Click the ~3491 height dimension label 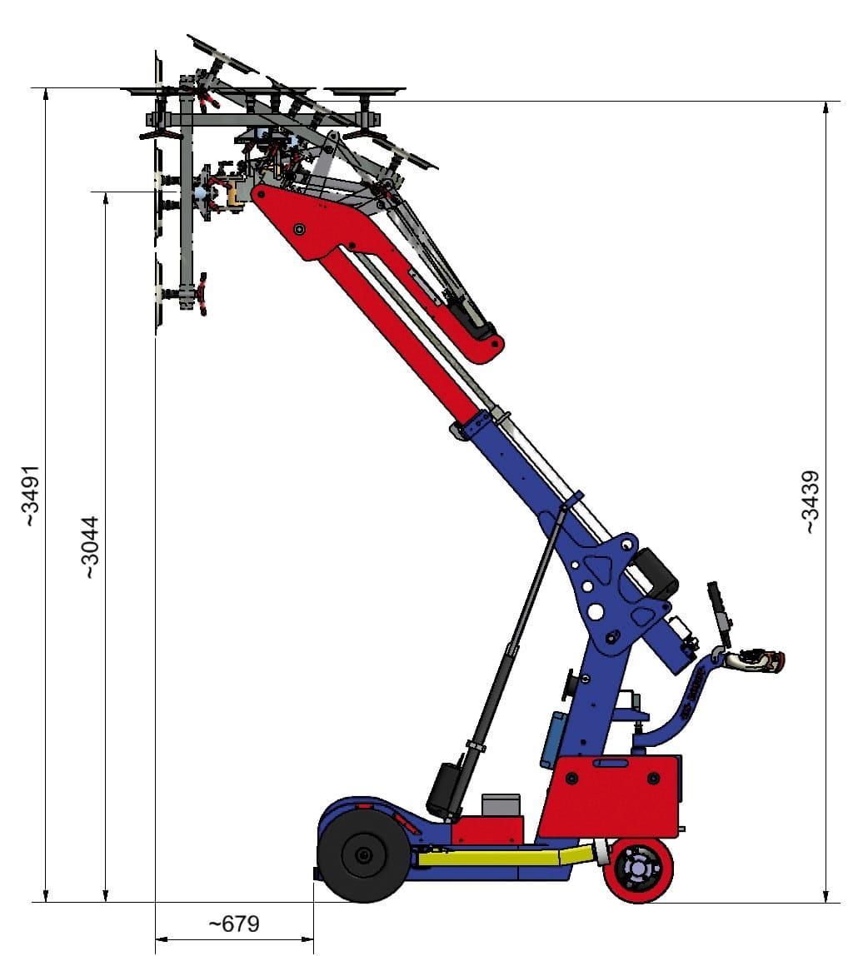tap(30, 495)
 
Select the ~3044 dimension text tap(90, 547)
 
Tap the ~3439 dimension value tap(810, 501)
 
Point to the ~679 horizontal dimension tap(233, 924)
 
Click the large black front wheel tap(364, 855)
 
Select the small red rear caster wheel tap(638, 869)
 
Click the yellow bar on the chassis tap(500, 857)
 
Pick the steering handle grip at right tap(758, 660)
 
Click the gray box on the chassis tap(501, 805)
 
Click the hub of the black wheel tap(364, 855)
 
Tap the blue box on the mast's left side tap(553, 739)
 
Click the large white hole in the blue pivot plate tap(595, 612)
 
